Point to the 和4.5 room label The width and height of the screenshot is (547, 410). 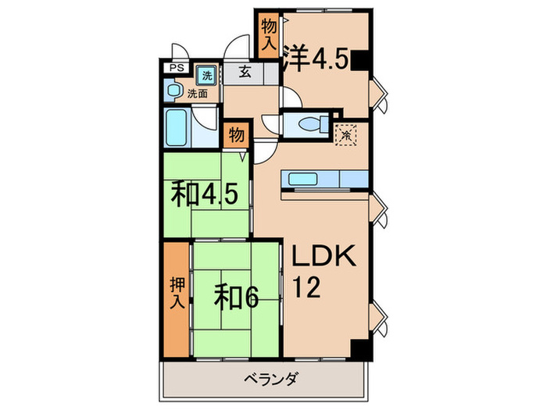(201, 194)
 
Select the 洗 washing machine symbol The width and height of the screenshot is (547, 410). (207, 76)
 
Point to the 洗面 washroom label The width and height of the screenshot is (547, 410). (197, 94)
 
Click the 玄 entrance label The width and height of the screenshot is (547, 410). (244, 73)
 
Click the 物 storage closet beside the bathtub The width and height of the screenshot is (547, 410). (235, 135)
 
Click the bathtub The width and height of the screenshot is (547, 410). (178, 127)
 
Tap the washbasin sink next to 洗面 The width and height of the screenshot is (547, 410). (174, 90)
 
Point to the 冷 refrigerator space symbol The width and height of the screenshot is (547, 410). (345, 134)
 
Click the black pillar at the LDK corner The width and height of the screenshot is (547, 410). (359, 351)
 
